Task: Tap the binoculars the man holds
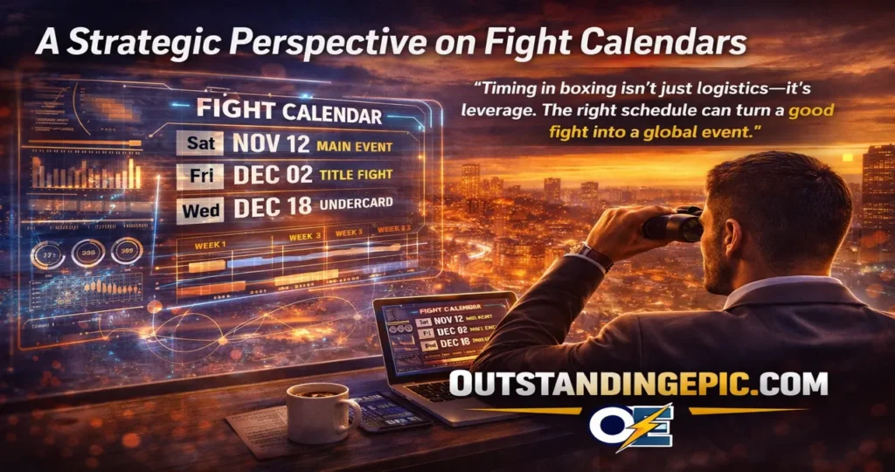pos(673,224)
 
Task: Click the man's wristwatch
pos(592,254)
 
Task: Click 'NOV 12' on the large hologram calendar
pos(271,142)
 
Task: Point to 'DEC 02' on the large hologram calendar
pos(272,175)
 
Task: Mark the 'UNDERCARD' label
pos(355,205)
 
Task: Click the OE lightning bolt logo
pos(630,427)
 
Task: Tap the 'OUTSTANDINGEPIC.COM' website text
pos(638,383)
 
